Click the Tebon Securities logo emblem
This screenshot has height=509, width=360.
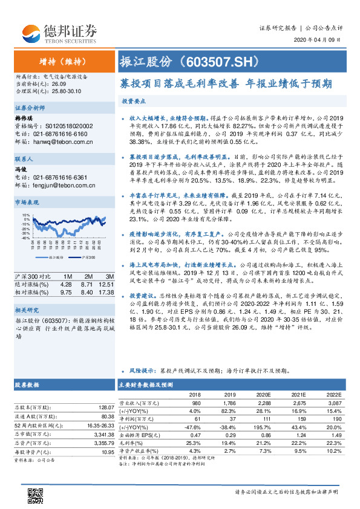[30, 31]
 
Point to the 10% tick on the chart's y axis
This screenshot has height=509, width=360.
[26, 215]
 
